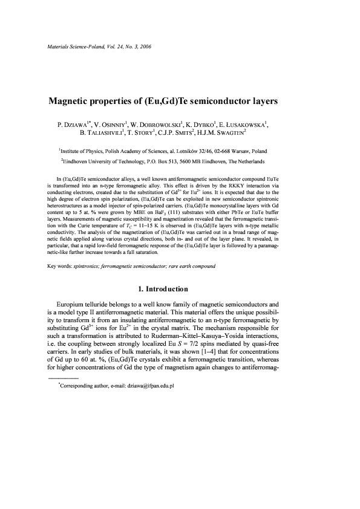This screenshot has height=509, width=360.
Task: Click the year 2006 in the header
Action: coord(159,46)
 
